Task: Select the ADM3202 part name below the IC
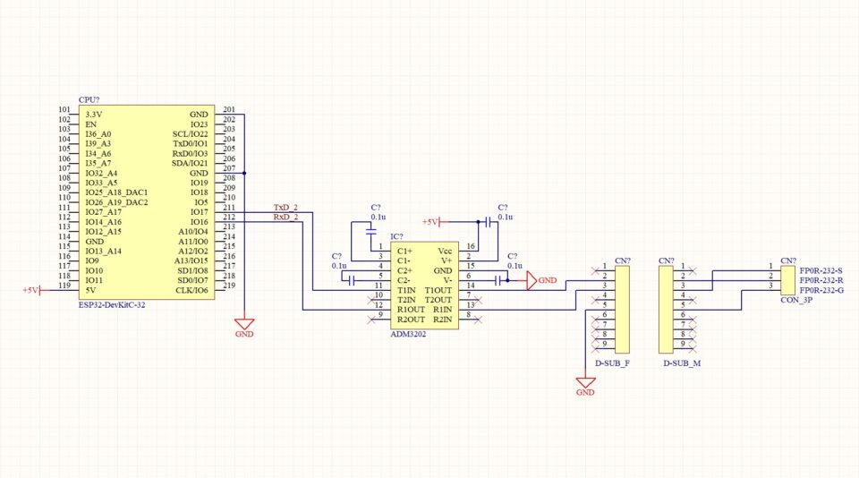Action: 409,334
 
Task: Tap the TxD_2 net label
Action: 285,208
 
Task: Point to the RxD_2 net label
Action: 285,218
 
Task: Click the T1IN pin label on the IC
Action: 406,290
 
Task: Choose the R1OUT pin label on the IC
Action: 410,310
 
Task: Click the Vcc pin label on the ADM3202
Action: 445,252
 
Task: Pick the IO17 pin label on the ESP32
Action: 199,212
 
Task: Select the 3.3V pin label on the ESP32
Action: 94,115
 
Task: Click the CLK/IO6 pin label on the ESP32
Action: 192,290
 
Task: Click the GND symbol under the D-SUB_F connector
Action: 585,385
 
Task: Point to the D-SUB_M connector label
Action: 681,364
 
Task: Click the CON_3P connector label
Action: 795,301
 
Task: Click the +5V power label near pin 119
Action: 31,290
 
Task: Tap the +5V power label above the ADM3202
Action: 429,222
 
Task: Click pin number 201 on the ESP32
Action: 229,110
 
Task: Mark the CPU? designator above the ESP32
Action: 89,100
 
